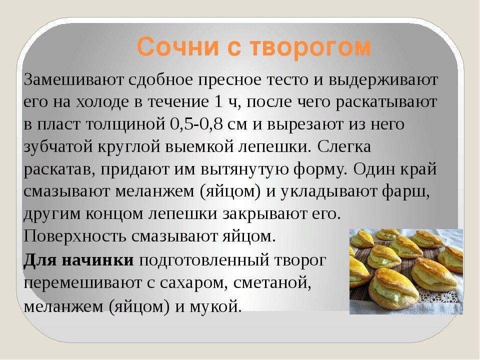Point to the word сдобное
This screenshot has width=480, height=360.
[x=160, y=79]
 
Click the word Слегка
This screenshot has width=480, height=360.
[x=344, y=146]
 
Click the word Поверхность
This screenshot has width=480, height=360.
[x=75, y=237]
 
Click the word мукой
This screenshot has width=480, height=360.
[x=215, y=307]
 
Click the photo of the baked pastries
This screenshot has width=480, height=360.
[x=406, y=271]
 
